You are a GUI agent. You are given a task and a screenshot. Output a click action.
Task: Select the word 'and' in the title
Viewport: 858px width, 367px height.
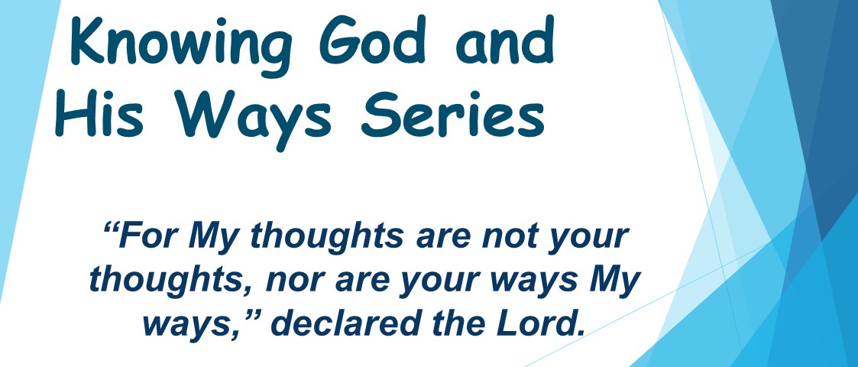pyautogui.click(x=505, y=40)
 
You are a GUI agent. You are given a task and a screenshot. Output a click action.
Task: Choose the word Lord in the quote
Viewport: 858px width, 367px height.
pyautogui.click(x=533, y=323)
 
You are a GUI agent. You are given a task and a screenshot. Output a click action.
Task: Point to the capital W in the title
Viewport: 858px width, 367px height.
pyautogui.click(x=202, y=115)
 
